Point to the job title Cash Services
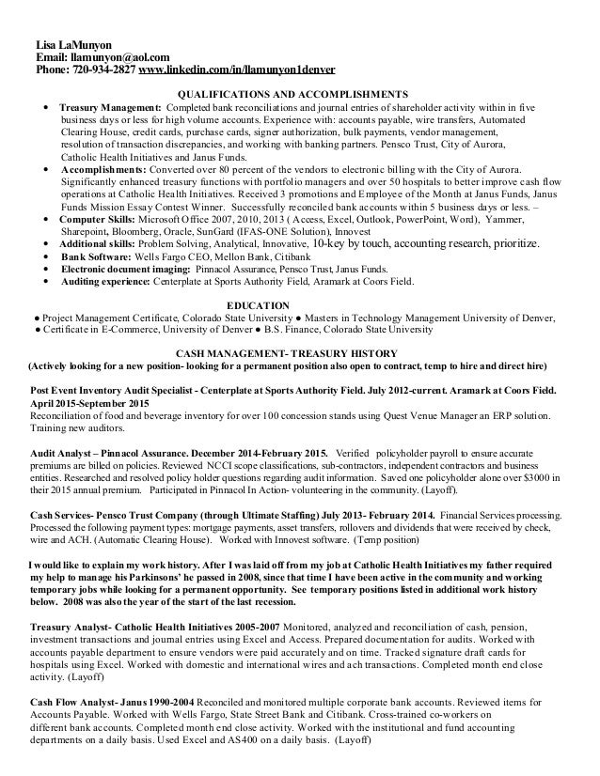[x=66, y=516]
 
